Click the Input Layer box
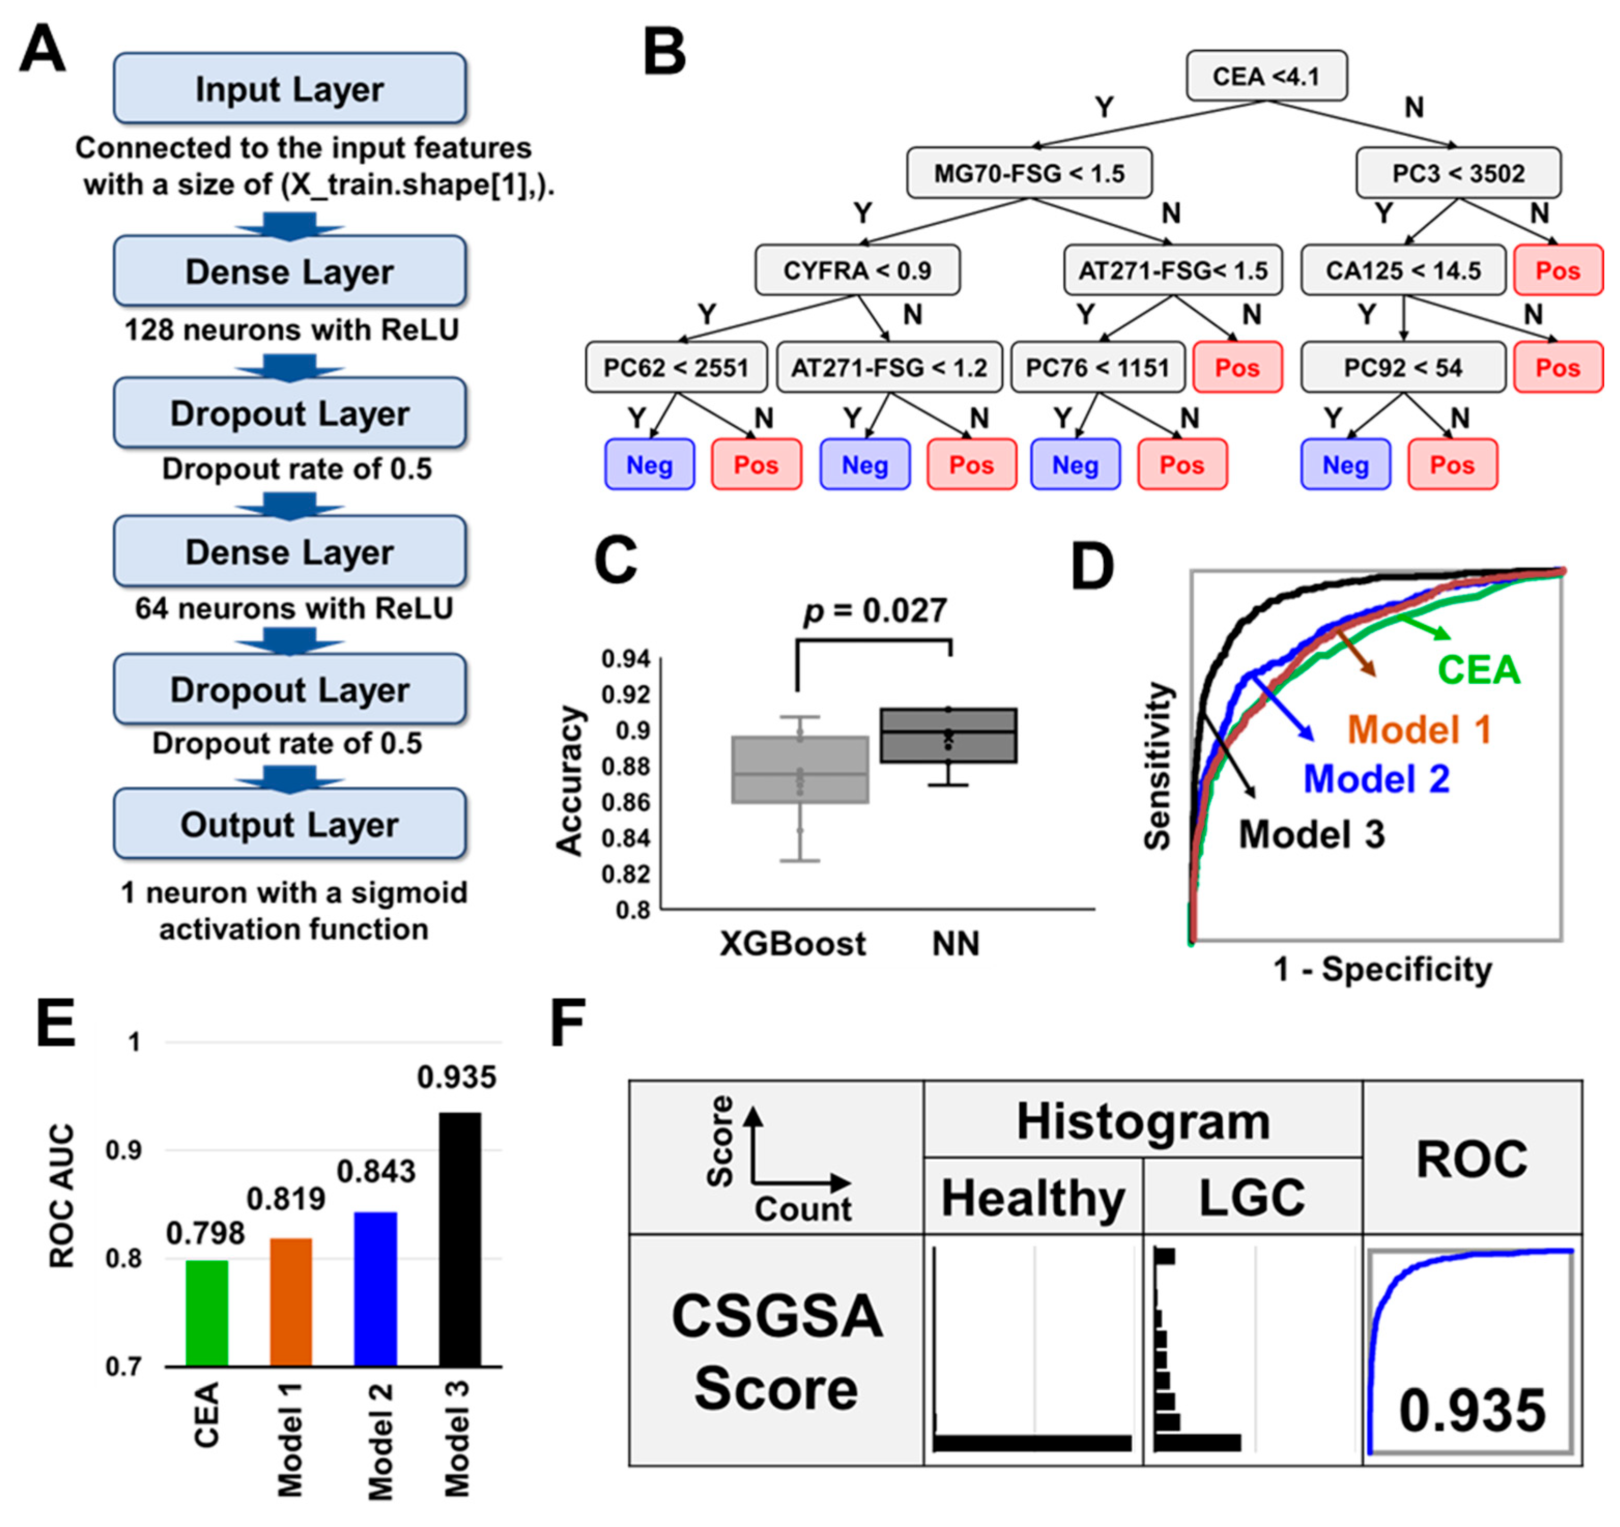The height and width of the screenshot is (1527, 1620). [290, 89]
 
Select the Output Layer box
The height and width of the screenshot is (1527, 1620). [290, 824]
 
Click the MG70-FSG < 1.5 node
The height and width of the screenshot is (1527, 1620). [1029, 172]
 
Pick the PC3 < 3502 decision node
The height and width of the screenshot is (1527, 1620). [1458, 172]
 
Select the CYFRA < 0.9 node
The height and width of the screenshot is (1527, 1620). [857, 270]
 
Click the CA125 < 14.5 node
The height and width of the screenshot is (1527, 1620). [1402, 270]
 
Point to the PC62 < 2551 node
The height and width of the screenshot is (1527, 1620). [675, 367]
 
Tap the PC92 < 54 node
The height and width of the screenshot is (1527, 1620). [1402, 367]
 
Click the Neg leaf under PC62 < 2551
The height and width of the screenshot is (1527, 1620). [649, 465]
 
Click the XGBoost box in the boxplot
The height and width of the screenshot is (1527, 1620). [800, 769]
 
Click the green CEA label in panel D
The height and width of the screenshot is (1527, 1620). [1478, 670]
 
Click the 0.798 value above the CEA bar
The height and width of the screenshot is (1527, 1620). [206, 1233]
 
